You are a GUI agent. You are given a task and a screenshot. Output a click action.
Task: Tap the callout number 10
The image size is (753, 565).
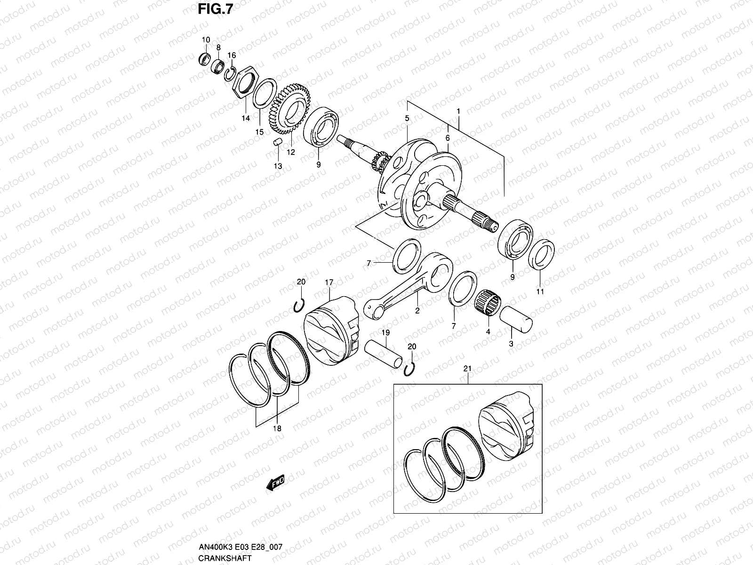click(x=205, y=40)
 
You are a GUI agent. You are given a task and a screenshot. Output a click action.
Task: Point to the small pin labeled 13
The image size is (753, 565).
click(x=278, y=142)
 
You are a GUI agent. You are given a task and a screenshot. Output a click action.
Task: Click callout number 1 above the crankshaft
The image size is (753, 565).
click(x=457, y=111)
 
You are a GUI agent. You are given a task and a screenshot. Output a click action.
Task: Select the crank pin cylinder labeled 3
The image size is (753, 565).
click(x=517, y=319)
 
